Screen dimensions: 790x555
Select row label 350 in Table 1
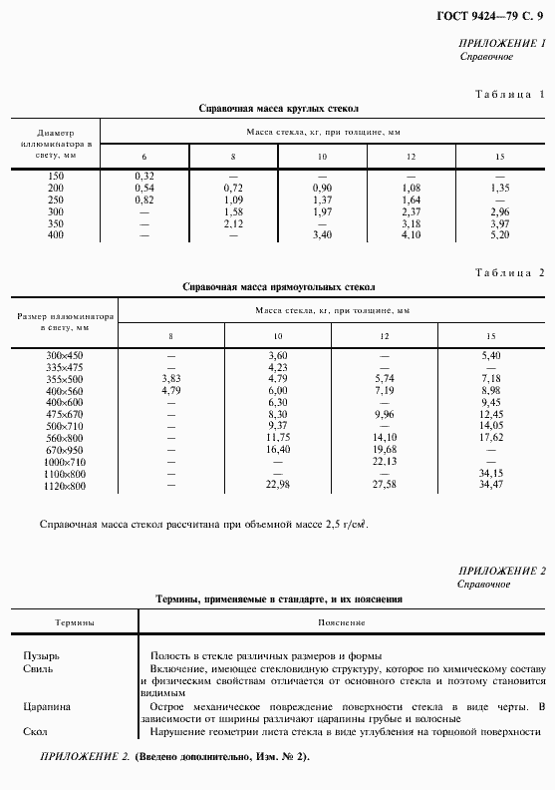[55, 223]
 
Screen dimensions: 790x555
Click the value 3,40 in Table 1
[322, 235]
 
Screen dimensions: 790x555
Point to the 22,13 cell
[385, 462]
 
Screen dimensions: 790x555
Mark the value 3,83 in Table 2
[170, 379]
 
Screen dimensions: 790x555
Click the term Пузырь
[41, 656]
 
